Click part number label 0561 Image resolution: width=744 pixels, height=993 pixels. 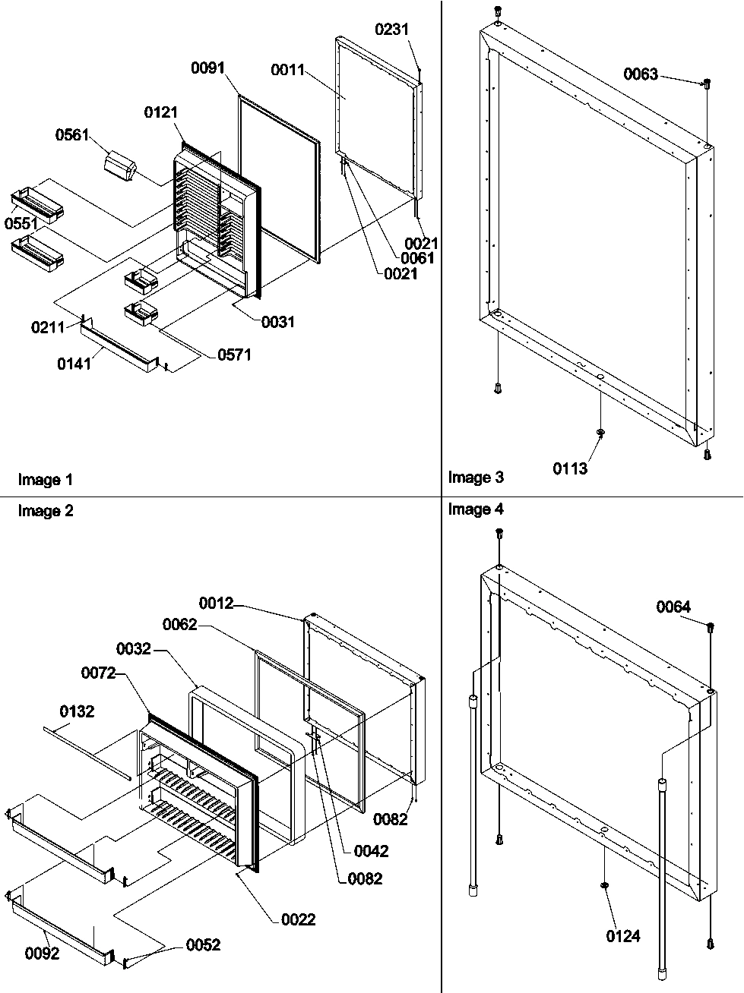(72, 135)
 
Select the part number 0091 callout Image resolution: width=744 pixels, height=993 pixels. (207, 68)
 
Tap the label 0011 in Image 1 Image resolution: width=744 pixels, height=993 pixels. (287, 71)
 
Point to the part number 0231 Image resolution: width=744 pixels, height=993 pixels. (391, 30)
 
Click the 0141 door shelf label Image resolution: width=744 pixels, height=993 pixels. (74, 364)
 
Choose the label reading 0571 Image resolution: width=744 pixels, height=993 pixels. (234, 355)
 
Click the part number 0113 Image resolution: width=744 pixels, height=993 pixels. (570, 469)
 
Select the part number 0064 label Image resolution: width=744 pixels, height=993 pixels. (673, 606)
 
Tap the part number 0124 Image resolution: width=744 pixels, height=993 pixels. (623, 936)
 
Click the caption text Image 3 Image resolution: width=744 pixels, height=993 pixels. (476, 478)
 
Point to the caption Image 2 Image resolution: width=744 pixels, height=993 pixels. (46, 511)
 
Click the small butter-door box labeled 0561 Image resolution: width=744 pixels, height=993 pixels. (121, 166)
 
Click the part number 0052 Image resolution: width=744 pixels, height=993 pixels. (203, 944)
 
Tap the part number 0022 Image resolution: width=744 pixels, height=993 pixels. (298, 920)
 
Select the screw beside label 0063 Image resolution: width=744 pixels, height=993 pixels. (707, 83)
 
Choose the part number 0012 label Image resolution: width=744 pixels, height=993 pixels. (217, 603)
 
